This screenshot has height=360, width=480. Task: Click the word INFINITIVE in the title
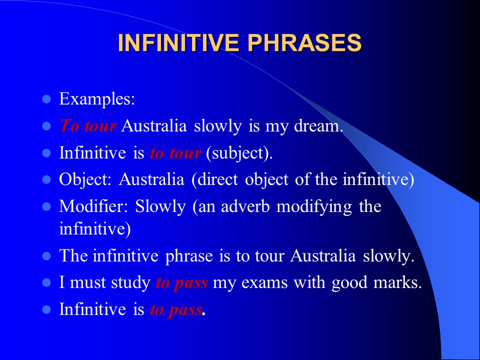[x=178, y=42]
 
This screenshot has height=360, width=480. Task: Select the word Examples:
[x=96, y=99]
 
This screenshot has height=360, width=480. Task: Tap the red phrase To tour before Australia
[x=88, y=125]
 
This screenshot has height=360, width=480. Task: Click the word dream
[x=318, y=125]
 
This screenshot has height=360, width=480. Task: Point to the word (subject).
[x=239, y=153]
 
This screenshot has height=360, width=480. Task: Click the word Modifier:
[x=93, y=206]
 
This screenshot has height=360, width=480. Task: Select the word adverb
[x=245, y=206]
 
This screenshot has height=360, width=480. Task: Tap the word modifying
[x=314, y=206]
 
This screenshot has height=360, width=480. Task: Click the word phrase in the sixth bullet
[x=189, y=256]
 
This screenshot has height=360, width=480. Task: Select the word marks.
[x=397, y=282]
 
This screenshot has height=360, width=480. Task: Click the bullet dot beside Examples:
[x=46, y=99]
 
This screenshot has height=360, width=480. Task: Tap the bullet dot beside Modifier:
[x=46, y=206]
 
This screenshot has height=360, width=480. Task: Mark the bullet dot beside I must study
[x=46, y=282]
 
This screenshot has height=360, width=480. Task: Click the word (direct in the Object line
[x=214, y=179]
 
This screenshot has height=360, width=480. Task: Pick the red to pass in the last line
[x=175, y=309]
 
